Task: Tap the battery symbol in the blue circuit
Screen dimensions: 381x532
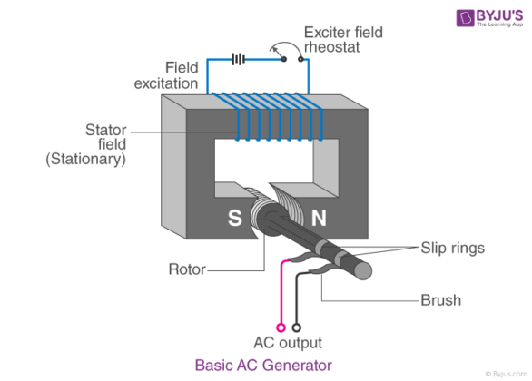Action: click(x=239, y=60)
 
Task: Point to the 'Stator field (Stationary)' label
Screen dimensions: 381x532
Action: click(x=85, y=143)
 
